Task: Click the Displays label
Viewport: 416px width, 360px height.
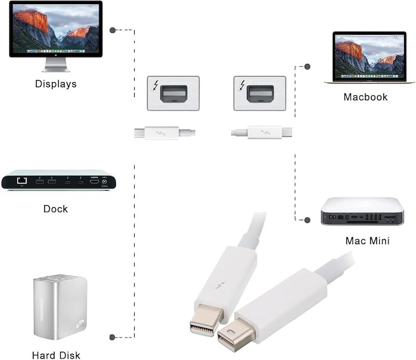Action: click(x=56, y=84)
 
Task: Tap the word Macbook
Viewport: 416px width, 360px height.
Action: click(x=366, y=97)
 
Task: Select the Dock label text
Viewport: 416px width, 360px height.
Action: click(x=56, y=209)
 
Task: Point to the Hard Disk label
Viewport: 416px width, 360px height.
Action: click(x=56, y=355)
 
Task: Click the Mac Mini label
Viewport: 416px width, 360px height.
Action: click(x=368, y=241)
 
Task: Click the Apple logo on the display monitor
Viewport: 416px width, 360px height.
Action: click(x=56, y=55)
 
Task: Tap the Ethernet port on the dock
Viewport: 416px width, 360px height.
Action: click(x=22, y=181)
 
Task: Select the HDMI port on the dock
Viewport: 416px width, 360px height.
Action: click(x=95, y=182)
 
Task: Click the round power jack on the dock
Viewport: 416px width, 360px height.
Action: click(x=105, y=182)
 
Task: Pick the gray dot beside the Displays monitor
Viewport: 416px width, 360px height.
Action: click(x=112, y=30)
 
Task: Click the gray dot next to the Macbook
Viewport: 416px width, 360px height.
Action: click(x=307, y=67)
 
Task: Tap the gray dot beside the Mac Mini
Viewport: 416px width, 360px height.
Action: click(x=307, y=220)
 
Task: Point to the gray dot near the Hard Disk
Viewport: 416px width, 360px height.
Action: click(x=112, y=338)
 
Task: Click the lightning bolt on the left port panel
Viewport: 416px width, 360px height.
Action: click(x=155, y=86)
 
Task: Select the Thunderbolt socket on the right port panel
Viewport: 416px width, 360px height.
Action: click(x=260, y=94)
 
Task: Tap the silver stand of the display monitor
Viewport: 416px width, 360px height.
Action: click(x=56, y=65)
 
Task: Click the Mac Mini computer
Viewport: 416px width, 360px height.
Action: click(x=362, y=211)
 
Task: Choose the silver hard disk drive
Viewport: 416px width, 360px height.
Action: click(x=60, y=307)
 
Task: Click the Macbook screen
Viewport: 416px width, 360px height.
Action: click(x=369, y=57)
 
